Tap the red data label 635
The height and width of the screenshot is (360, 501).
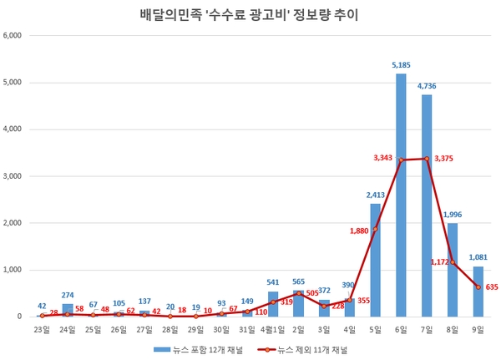(x=491, y=287)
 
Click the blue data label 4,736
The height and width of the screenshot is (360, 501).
(x=427, y=85)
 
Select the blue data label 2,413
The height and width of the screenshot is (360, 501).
(x=375, y=195)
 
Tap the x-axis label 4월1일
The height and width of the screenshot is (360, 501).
(x=272, y=330)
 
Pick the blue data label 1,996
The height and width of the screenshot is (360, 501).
(x=453, y=214)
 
